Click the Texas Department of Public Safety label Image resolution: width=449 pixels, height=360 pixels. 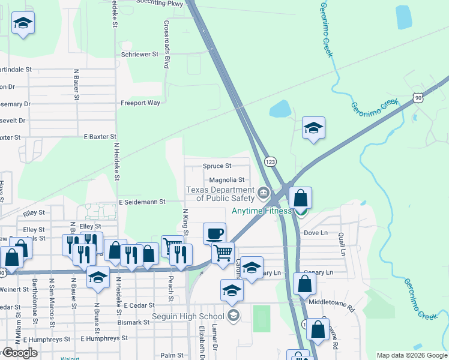coord(220,194)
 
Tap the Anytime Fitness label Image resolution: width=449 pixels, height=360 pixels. coord(262,211)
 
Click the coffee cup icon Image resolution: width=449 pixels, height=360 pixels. coord(214,233)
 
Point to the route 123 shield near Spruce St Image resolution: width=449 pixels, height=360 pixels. coord(271,162)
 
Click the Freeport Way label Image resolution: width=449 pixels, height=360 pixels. coord(140,103)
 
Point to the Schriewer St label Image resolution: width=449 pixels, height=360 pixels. coord(139,54)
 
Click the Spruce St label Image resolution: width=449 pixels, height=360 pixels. coord(217,166)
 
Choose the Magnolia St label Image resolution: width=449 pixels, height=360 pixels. coord(226,180)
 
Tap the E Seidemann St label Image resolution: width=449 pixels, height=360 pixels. coord(142,202)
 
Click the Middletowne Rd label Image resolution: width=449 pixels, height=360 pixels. coord(332,302)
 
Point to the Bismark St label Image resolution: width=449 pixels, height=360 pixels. coord(134,322)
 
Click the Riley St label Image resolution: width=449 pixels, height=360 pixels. coord(34,213)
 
